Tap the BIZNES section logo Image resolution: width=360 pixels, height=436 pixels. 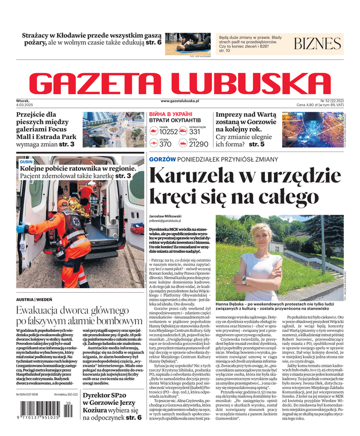[x=317, y=44]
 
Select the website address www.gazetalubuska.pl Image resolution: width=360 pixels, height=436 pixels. [x=180, y=101]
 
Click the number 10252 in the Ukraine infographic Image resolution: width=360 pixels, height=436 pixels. [x=168, y=132]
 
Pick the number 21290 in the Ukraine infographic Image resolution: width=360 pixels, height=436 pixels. [x=199, y=144]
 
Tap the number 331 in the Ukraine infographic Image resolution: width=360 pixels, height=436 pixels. [x=195, y=132]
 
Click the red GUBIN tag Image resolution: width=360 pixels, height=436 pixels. [x=26, y=162]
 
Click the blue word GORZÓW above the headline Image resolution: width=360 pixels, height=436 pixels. [x=162, y=159]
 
